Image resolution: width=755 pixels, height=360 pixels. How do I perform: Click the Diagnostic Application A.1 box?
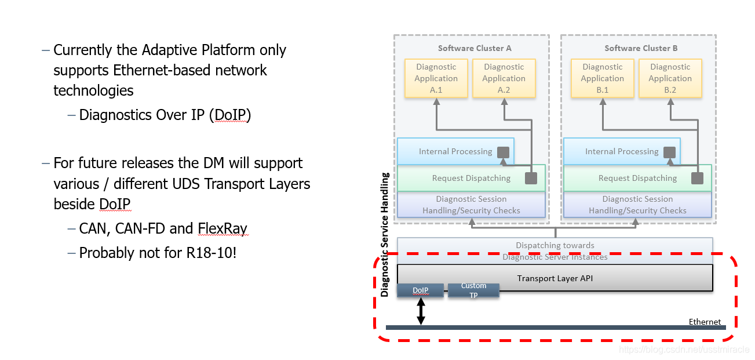(436, 78)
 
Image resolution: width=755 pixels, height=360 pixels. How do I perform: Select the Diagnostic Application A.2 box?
(504, 78)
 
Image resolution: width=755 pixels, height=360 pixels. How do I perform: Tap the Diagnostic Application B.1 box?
(603, 78)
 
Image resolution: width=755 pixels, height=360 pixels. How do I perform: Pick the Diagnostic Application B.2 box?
(670, 78)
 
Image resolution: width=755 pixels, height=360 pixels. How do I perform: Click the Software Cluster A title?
(475, 48)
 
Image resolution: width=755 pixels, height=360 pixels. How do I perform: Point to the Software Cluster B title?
(641, 48)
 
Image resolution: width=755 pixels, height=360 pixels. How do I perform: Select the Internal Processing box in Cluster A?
(455, 151)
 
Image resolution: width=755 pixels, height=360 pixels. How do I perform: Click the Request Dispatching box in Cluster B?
(637, 178)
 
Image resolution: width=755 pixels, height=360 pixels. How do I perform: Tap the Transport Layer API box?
(555, 278)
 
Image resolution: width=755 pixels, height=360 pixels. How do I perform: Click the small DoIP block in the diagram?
(420, 290)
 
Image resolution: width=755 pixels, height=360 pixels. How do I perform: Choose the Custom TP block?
(473, 290)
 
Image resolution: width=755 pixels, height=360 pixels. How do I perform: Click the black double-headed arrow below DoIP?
(421, 312)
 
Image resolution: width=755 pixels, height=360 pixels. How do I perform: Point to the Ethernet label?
(705, 322)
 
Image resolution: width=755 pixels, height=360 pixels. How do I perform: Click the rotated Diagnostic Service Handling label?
(385, 235)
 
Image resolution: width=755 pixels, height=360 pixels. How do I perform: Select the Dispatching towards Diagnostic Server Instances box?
(555, 250)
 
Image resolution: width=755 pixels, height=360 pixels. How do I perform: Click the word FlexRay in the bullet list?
(223, 228)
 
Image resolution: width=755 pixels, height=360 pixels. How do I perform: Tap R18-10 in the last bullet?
(210, 253)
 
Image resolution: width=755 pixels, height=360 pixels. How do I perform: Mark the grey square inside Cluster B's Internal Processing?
(669, 152)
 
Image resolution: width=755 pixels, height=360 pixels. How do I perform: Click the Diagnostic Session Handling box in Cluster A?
(471, 205)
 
